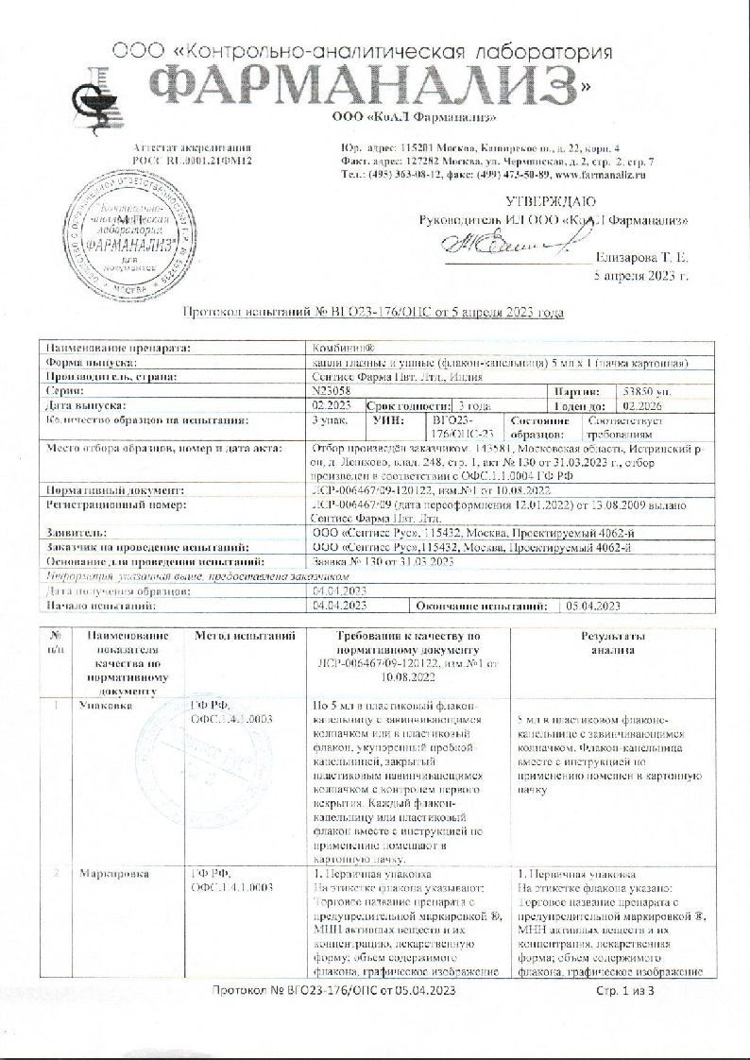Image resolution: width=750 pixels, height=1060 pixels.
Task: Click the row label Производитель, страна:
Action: click(111, 376)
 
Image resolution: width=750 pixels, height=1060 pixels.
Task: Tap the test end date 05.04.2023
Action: click(592, 604)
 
